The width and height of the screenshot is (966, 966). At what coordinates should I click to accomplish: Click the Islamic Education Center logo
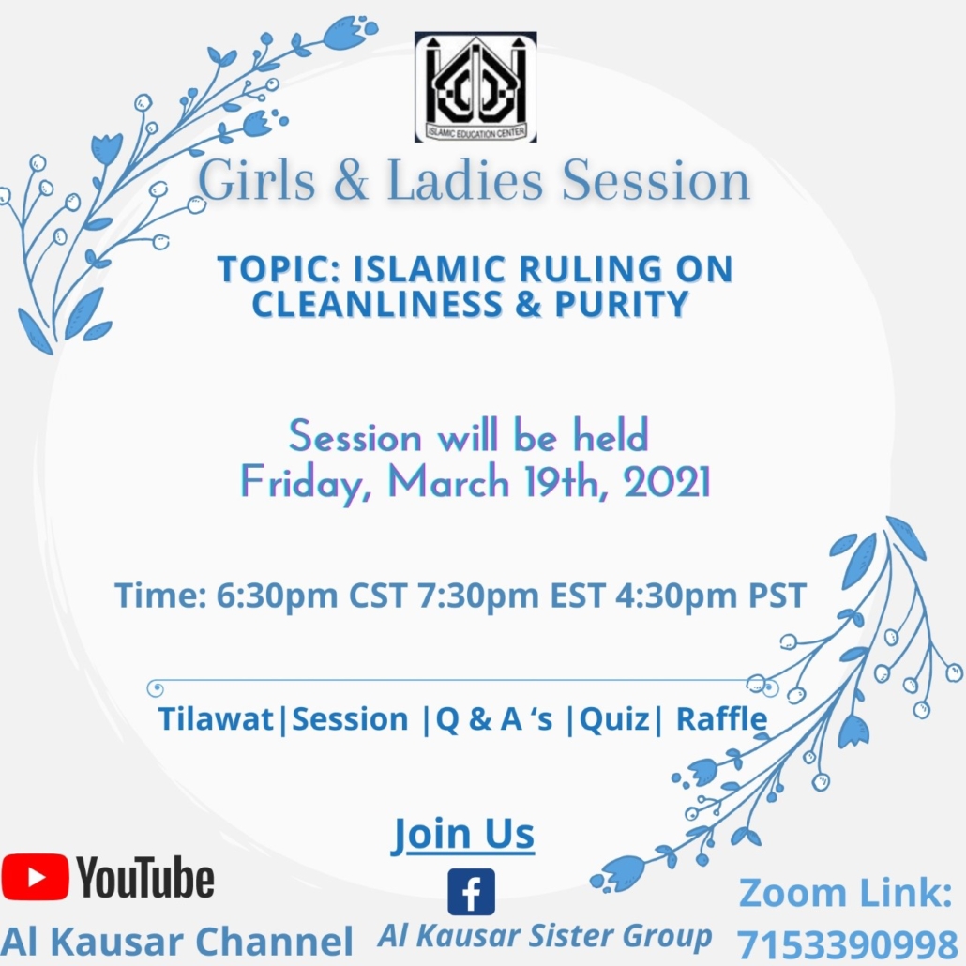point(475,87)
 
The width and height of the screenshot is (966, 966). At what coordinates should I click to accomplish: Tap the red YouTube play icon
point(35,877)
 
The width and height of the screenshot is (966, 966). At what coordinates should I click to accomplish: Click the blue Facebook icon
point(472,892)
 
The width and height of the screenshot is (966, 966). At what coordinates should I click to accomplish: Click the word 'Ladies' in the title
point(465,180)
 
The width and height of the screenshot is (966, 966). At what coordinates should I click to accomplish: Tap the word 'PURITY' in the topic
point(621,304)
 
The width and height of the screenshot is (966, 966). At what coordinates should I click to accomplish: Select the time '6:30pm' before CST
point(277,596)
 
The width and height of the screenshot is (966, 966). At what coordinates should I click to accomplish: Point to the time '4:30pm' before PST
point(676,596)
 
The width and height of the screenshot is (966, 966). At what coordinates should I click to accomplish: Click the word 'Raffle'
point(721,718)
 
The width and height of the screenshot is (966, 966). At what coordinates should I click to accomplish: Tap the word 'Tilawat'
point(216,719)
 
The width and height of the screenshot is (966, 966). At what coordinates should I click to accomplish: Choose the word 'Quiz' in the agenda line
point(614,719)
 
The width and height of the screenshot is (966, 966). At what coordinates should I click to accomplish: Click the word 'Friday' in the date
point(306,484)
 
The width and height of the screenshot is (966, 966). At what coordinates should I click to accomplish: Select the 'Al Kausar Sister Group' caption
point(545,936)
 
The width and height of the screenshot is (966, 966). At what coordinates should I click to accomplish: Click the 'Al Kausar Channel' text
point(177,942)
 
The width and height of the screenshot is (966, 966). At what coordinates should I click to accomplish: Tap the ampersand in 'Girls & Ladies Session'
point(351,180)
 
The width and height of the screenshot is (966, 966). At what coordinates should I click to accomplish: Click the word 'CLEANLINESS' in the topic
point(377,304)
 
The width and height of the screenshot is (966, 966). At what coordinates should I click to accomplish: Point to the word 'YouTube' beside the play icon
point(145,877)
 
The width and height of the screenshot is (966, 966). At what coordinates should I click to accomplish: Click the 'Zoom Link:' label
point(846,893)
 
